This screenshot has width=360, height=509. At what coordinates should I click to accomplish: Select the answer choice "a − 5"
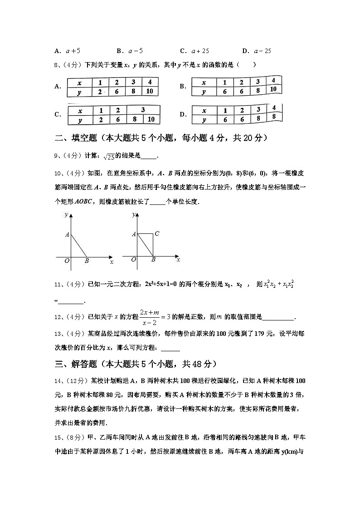coord(136,51)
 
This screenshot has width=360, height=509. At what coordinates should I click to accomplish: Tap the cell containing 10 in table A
coord(150,92)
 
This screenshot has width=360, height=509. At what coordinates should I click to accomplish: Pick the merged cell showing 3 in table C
coord(143,110)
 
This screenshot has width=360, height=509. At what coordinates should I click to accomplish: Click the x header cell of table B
coord(204,83)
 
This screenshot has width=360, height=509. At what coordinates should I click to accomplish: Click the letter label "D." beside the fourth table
coord(183,115)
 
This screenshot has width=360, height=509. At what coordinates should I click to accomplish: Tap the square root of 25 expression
coord(109,157)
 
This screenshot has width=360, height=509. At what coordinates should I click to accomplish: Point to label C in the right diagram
coord(156,234)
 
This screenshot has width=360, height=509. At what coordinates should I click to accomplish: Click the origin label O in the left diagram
coord(67,261)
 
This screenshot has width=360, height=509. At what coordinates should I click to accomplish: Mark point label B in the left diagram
coord(87,261)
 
